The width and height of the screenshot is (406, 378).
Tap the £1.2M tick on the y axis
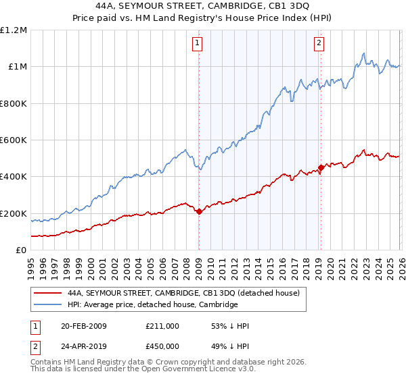click(x=14, y=30)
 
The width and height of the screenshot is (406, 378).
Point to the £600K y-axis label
click(x=14, y=140)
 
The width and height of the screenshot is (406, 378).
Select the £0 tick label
click(x=20, y=250)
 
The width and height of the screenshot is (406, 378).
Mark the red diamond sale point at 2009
click(x=199, y=212)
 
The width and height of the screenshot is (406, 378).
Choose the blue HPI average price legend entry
click(x=152, y=304)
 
